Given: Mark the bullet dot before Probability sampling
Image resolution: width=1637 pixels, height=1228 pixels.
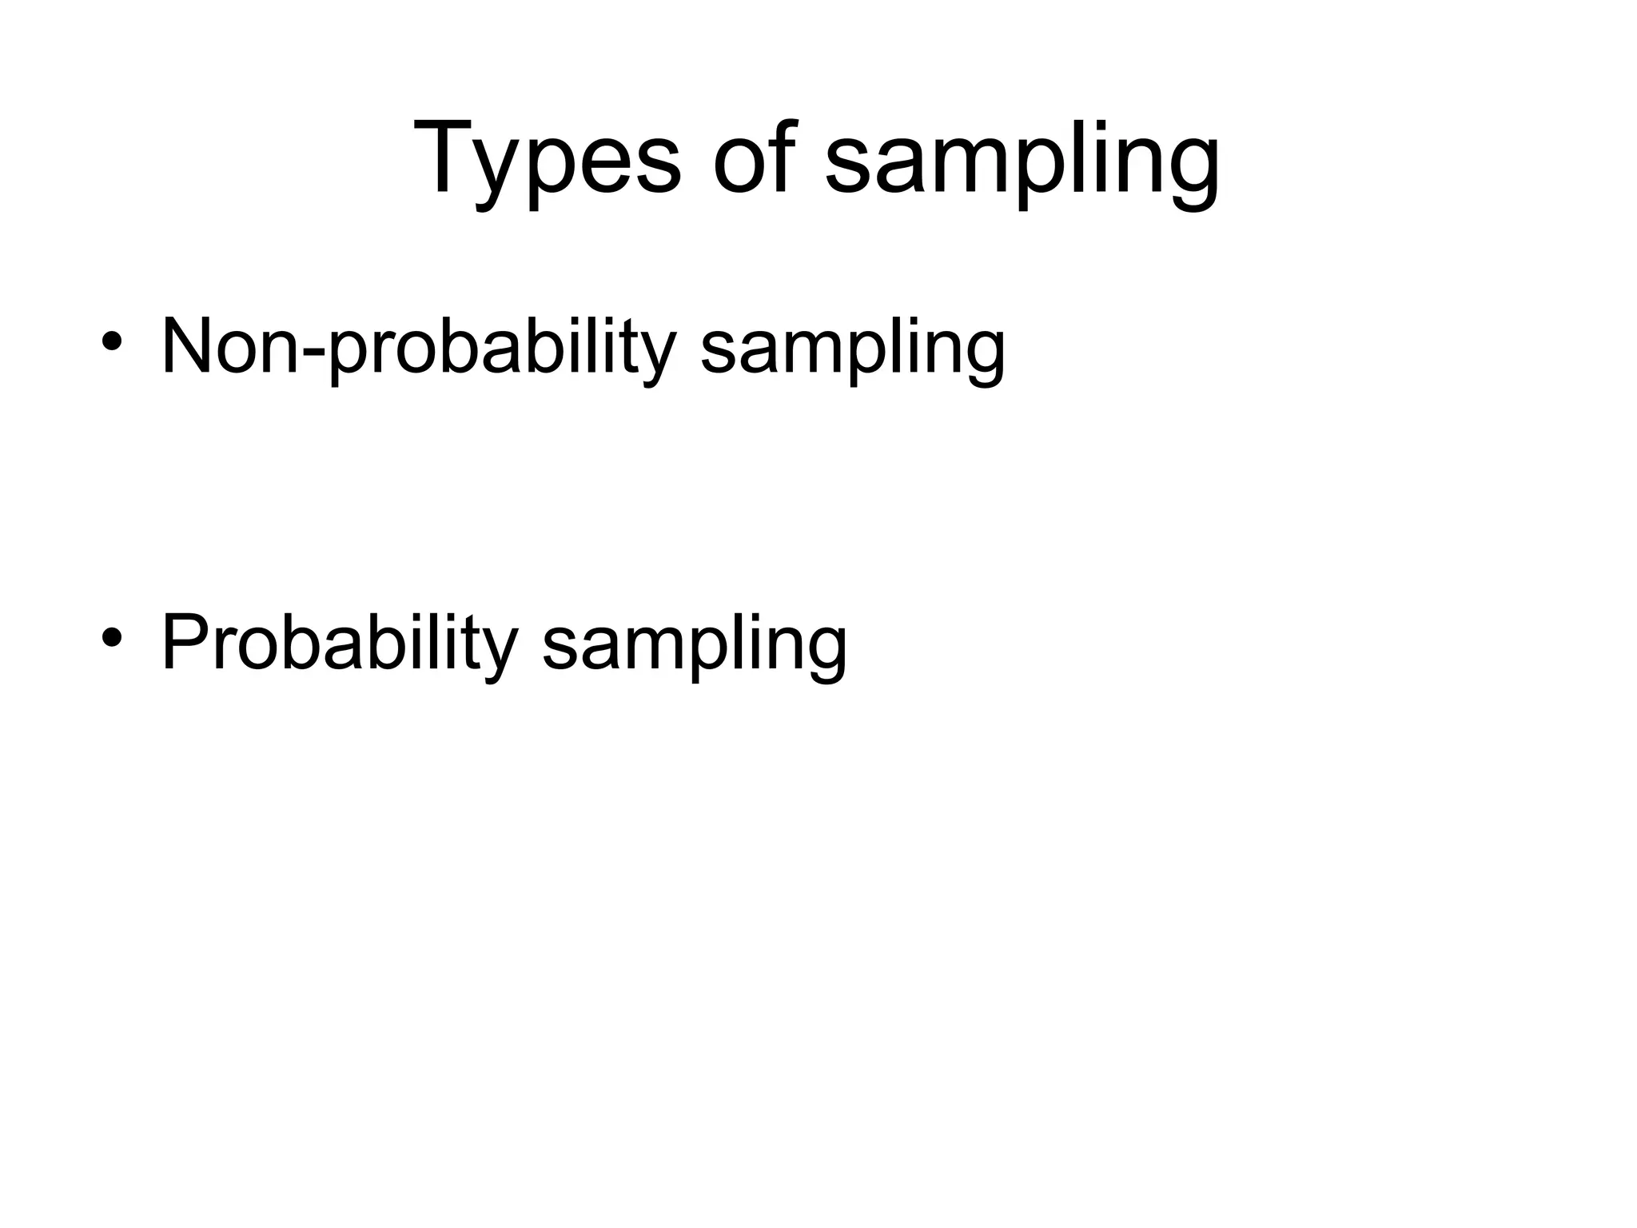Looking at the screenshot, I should coord(111,638).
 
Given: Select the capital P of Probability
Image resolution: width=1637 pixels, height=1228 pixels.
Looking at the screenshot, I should coord(183,644).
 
